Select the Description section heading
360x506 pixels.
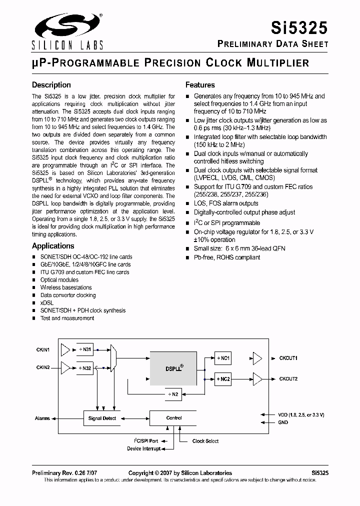(51, 85)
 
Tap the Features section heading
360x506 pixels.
(200, 85)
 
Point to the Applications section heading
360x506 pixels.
(53, 246)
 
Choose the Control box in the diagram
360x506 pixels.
(173, 418)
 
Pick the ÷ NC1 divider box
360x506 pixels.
(222, 358)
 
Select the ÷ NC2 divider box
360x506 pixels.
(222, 379)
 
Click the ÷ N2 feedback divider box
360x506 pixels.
(172, 394)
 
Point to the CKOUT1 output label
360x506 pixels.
(288, 358)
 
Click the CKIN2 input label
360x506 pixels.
(43, 368)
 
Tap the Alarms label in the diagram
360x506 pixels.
(42, 418)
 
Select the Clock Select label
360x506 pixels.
(205, 441)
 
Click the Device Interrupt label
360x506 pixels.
(144, 448)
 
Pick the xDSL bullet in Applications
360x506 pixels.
(47, 303)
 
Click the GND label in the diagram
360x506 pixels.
(283, 422)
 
